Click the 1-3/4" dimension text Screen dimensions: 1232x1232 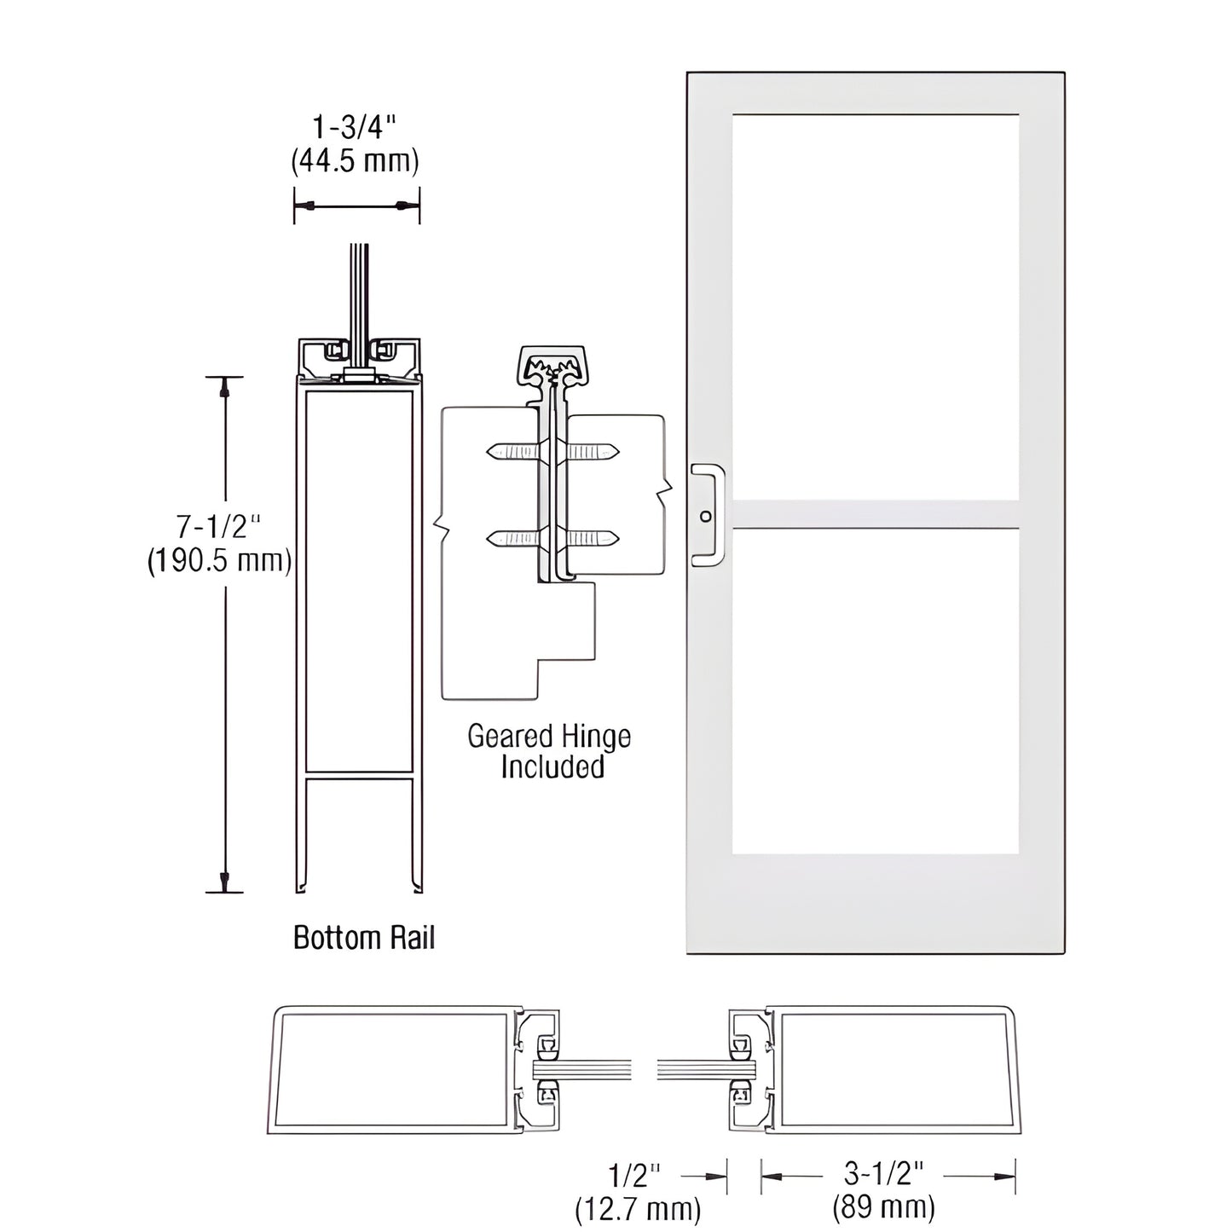(355, 128)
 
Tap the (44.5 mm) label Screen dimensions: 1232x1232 (355, 161)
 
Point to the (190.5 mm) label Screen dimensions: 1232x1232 (219, 561)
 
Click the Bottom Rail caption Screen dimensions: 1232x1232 (364, 938)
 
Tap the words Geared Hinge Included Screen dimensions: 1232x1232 (550, 751)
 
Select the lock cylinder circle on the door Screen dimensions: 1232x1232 (705, 517)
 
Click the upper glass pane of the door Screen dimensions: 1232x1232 (875, 307)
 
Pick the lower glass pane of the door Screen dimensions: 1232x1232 (875, 691)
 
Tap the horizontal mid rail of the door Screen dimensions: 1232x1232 (875, 514)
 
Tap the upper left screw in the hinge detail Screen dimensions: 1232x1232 (512, 452)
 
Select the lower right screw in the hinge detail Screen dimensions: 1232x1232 (593, 538)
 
